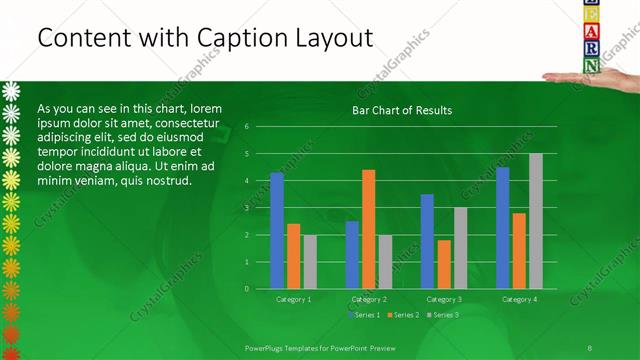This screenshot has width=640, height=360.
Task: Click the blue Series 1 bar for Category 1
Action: coord(277,230)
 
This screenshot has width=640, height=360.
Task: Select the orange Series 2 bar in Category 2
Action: coord(368,229)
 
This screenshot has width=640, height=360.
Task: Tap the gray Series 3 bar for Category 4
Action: coord(535,221)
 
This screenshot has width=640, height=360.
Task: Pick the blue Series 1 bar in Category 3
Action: coord(427,241)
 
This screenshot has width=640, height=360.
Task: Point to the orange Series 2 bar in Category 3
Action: coord(444,264)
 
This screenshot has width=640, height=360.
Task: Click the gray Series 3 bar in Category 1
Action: coord(310,261)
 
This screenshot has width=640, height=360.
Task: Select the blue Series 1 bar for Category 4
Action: coord(502,227)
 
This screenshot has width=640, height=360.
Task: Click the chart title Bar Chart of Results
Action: coord(402,110)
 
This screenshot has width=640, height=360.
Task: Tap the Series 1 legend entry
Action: coord(363,315)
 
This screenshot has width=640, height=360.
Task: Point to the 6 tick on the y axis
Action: coord(246,127)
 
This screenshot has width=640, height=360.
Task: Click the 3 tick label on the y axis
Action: coord(246,208)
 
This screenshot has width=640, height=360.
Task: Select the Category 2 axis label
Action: coord(369,299)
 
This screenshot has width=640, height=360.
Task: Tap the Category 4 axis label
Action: coord(519,299)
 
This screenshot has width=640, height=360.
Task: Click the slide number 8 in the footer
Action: coord(590,347)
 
